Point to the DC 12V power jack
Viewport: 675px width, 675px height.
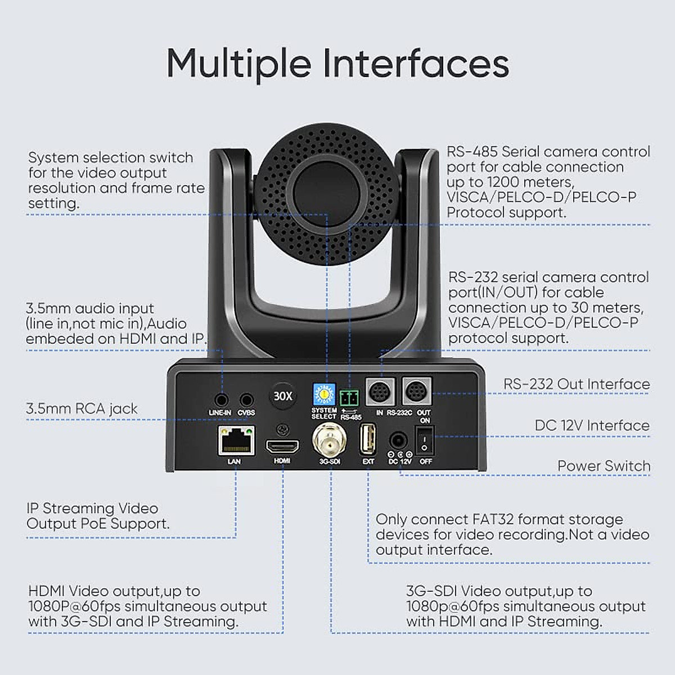(x=399, y=440)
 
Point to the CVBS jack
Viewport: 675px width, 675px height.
(x=246, y=400)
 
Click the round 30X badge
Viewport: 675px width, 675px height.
(x=283, y=396)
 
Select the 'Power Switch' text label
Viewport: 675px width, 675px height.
(x=604, y=466)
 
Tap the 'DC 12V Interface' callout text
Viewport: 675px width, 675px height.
(x=592, y=425)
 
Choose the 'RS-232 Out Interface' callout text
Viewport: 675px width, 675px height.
(x=577, y=384)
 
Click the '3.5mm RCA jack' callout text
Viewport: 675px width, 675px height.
(x=82, y=408)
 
